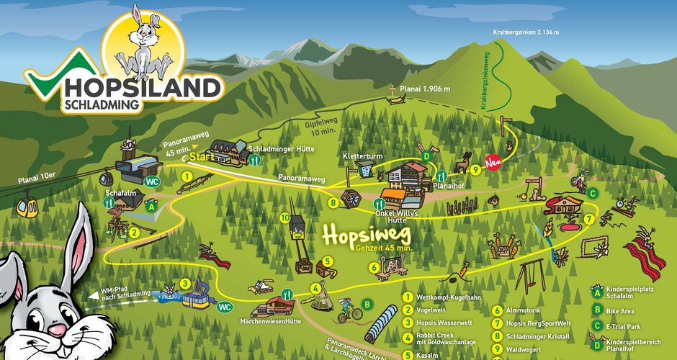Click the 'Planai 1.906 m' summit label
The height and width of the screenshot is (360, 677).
point(426,89)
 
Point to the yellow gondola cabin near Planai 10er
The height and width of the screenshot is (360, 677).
point(29,207)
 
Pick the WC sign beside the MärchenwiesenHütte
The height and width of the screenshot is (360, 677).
point(224,306)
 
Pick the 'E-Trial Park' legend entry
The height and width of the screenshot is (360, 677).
point(629,325)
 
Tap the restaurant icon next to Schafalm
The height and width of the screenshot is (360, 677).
point(109,204)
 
